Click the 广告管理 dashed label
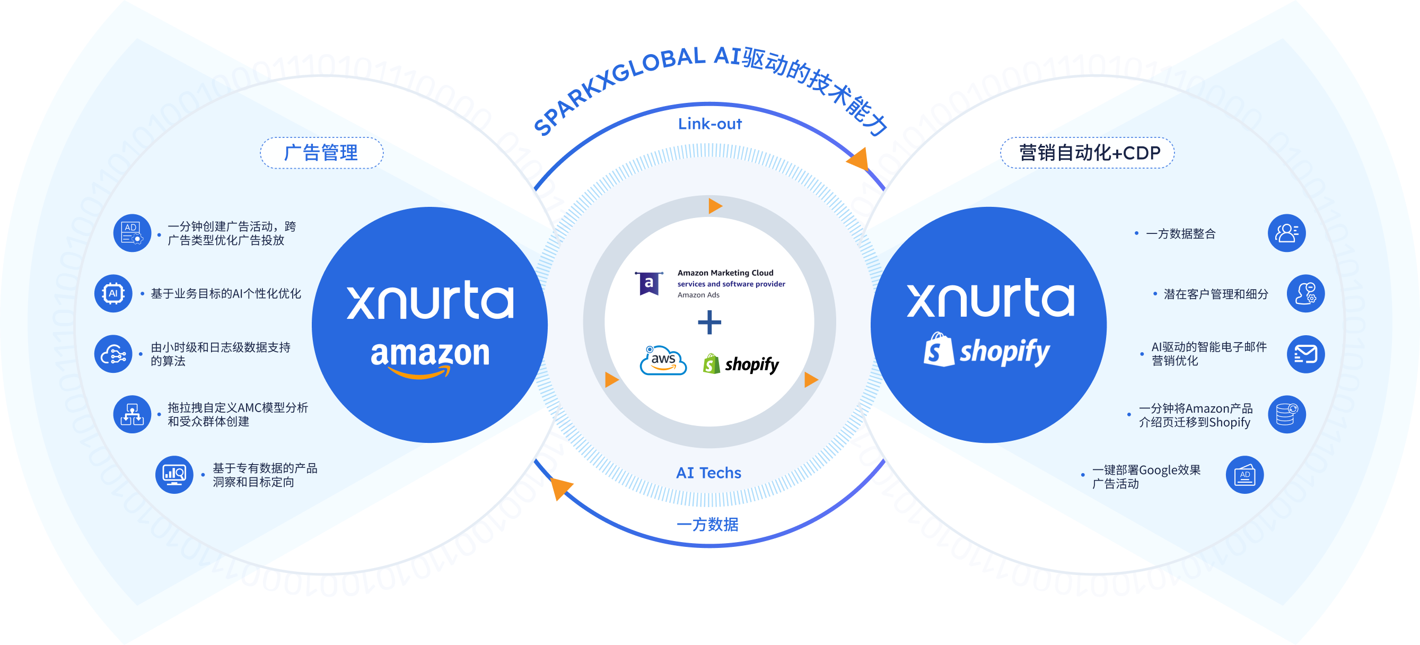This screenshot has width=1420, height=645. coord(321,153)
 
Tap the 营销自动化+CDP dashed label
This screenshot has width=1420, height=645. coord(1087,153)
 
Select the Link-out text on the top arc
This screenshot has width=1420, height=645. coord(710,124)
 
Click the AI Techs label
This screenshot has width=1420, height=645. coord(709,473)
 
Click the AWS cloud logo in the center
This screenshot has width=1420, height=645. coord(663,361)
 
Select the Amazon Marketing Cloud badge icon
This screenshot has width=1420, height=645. coord(649,283)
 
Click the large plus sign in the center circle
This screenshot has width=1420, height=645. coord(709,322)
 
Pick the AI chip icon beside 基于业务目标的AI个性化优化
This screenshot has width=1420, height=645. coord(113,293)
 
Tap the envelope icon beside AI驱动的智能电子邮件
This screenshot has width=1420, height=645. coord(1305,354)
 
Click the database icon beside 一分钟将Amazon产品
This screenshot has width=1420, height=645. coord(1286,414)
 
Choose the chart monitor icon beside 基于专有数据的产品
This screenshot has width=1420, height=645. coord(174,474)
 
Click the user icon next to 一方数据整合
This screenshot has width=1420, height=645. coord(1286,233)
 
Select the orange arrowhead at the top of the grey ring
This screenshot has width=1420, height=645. coord(715,206)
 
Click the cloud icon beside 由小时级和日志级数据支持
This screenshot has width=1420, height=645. coord(113,354)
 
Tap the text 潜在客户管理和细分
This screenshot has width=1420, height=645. coord(1215,294)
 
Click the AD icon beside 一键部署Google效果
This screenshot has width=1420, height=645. coord(1244,475)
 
